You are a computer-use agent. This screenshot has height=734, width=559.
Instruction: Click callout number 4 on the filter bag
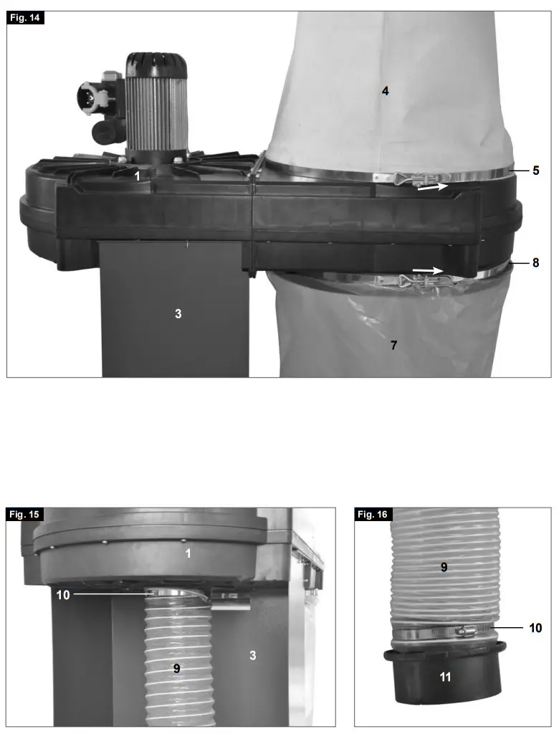(x=385, y=91)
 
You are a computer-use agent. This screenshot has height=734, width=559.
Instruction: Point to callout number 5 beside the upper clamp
(x=535, y=171)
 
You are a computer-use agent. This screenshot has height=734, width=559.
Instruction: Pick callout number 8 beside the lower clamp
(x=535, y=263)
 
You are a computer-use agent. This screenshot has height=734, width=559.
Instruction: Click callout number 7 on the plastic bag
(x=393, y=345)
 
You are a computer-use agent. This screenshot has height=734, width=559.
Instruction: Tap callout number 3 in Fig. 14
(x=178, y=313)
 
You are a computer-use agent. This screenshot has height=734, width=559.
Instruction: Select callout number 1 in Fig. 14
(x=136, y=174)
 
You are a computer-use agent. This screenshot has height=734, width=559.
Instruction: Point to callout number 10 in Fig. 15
(x=62, y=594)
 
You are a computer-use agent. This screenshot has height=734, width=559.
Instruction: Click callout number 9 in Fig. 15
(x=176, y=667)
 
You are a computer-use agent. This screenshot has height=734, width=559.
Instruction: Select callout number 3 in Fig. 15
(x=252, y=655)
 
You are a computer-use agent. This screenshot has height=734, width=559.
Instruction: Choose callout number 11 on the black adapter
(x=445, y=676)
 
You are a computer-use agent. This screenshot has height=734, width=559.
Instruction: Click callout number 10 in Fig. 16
(x=535, y=628)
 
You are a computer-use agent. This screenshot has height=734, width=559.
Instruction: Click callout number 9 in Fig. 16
(x=444, y=567)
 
